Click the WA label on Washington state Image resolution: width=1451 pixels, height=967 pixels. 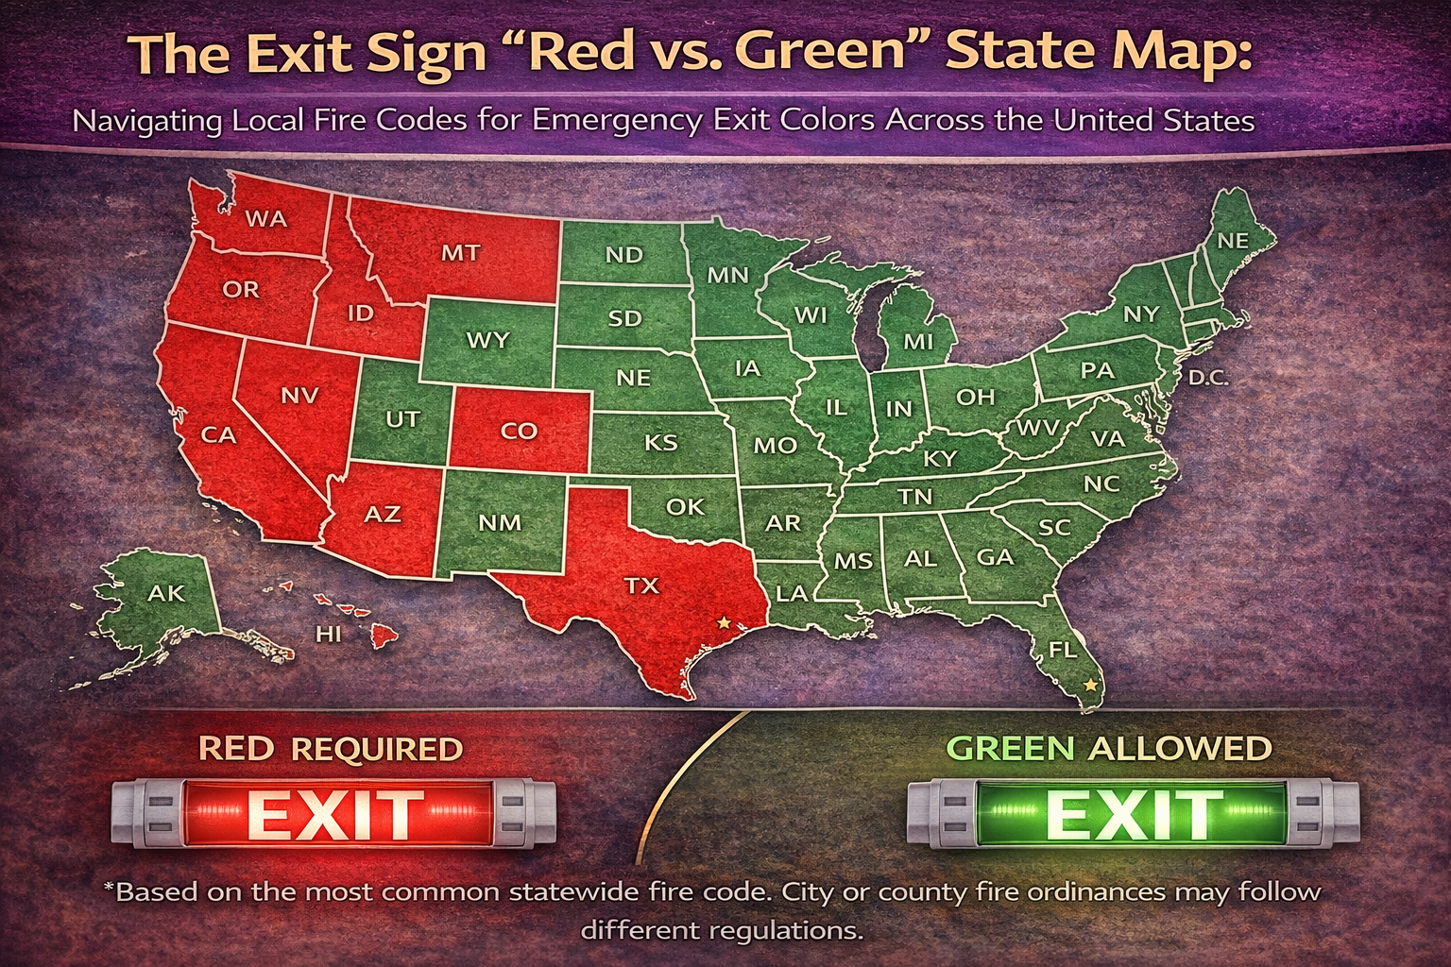[265, 219]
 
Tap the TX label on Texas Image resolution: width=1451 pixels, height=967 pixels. [641, 585]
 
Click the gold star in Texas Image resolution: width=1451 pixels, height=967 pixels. [724, 622]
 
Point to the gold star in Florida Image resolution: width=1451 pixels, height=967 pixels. [1091, 684]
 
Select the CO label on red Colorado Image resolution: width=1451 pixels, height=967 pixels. [519, 431]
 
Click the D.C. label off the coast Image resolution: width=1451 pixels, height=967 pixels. [1208, 378]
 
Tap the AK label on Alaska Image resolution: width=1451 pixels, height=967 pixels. [166, 593]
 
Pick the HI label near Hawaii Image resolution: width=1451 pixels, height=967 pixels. [328, 634]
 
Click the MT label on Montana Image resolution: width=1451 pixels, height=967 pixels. [460, 253]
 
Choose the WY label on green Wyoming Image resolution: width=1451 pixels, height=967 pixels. [487, 340]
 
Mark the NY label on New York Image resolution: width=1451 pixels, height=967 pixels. [1140, 314]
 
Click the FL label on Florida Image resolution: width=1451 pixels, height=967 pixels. [1063, 650]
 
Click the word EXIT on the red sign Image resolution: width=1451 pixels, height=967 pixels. [335, 814]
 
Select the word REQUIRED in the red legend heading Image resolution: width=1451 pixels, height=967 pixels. [377, 749]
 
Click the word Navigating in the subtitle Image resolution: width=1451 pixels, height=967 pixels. [147, 121]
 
